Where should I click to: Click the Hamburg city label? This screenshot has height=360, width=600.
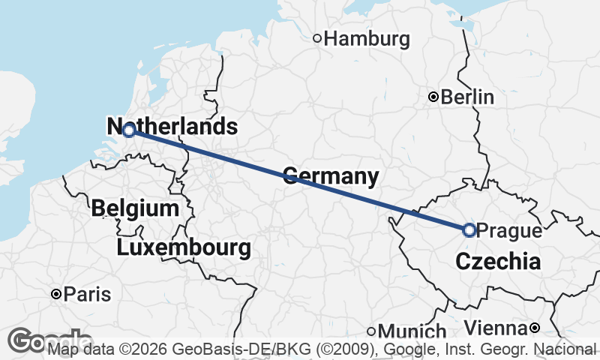tap(367, 38)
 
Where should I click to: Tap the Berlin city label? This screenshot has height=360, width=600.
tap(467, 97)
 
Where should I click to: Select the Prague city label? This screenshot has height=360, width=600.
tap(508, 231)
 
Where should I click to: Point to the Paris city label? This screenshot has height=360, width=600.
tap(87, 295)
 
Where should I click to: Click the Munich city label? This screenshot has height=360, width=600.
tap(412, 331)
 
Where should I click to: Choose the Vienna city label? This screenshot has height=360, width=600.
tap(495, 328)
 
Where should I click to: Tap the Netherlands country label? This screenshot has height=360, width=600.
tap(172, 127)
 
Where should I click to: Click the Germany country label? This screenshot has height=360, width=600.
tap(330, 177)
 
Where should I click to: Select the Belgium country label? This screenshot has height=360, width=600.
tap(135, 208)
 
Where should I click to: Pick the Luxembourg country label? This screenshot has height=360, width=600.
tap(184, 247)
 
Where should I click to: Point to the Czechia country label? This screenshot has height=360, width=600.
tap(498, 262)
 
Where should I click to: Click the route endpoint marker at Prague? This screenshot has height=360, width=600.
tap(469, 230)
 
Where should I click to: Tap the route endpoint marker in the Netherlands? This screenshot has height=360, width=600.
tap(129, 130)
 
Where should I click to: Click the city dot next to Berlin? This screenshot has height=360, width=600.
tap(433, 97)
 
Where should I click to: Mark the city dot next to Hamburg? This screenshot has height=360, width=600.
tap(317, 38)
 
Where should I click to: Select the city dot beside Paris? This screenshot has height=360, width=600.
tap(55, 295)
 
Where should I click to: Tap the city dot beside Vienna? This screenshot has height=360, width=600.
tap(534, 328)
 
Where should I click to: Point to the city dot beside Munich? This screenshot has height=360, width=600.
tap(370, 331)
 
